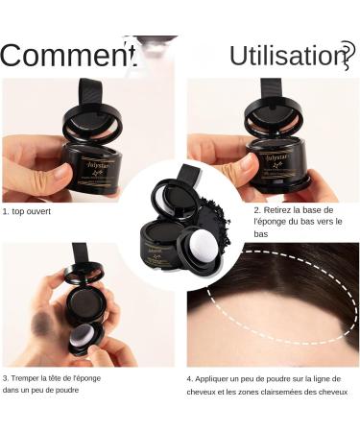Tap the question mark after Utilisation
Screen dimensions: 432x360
348,55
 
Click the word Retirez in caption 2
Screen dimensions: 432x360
283,208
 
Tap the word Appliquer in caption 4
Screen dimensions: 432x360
218,378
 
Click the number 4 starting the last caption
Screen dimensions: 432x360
189,378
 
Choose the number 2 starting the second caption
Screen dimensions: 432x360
256,208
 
